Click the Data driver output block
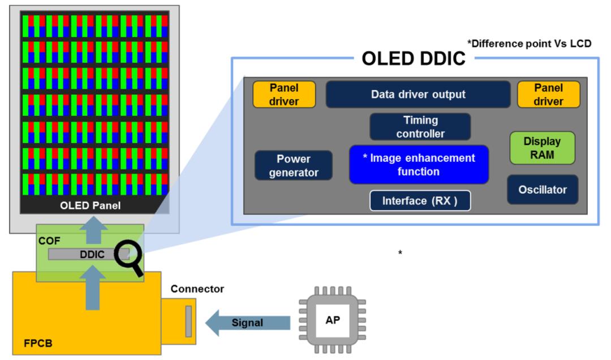point(418,95)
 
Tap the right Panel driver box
point(548,95)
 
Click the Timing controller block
point(420,127)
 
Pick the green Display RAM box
point(542,148)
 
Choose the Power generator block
point(293,165)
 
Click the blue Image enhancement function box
point(419,164)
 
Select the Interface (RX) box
point(420,201)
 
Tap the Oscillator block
point(542,190)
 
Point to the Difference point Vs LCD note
point(529,44)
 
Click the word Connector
point(197,289)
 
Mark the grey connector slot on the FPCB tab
point(188,321)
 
